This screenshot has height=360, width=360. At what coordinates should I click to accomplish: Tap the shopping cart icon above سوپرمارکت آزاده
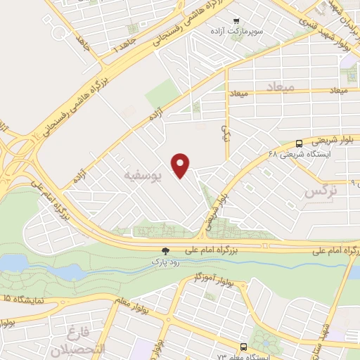(x=236, y=21)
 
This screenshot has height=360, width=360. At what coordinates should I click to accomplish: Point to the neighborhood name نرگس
(x=322, y=191)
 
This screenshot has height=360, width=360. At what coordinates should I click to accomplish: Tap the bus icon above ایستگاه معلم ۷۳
(x=243, y=347)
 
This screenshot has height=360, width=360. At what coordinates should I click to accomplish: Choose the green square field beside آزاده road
(x=162, y=94)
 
